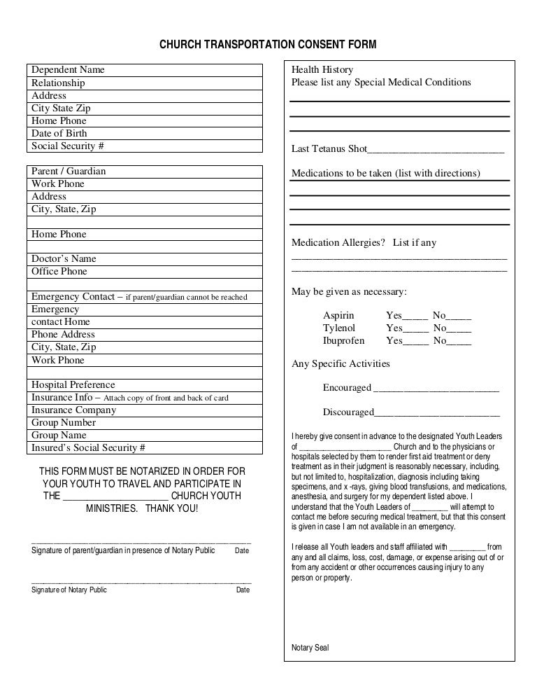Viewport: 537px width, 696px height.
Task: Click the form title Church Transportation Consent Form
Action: [268, 46]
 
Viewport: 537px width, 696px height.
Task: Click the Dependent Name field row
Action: [145, 70]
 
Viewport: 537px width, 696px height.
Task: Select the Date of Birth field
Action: [145, 133]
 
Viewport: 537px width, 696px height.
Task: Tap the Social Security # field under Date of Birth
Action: [145, 146]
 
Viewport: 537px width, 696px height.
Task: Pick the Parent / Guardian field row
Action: [145, 171]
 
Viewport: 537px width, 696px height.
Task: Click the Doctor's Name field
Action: [145, 258]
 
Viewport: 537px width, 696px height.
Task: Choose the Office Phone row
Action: [145, 271]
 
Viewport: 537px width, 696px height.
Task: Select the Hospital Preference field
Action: [145, 384]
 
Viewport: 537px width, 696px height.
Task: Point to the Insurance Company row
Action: [145, 410]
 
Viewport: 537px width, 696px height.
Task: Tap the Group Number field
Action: [145, 422]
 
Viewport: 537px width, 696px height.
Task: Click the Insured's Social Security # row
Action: [145, 448]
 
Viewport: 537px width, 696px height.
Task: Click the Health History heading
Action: [322, 70]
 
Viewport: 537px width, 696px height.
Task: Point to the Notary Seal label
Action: [310, 648]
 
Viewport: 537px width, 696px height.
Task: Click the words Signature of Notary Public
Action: [70, 590]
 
